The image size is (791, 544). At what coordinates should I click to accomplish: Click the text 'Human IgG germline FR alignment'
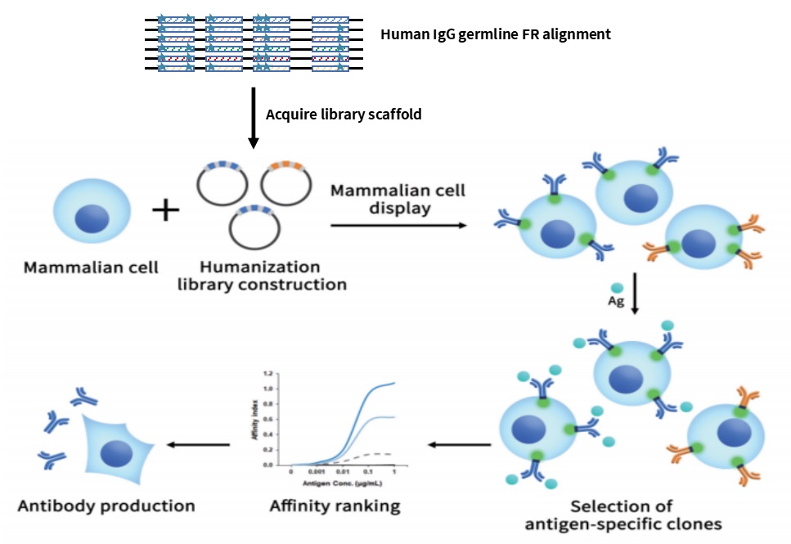tap(496, 34)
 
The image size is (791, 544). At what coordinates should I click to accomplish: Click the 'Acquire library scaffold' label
tap(344, 115)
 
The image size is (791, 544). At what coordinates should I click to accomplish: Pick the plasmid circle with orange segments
tap(285, 181)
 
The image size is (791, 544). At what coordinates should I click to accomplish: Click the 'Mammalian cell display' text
tap(398, 198)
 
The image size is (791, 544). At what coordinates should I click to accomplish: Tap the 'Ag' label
tap(616, 302)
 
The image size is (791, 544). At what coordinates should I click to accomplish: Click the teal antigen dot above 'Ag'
tap(616, 288)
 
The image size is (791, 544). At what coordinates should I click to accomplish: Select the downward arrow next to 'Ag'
tap(636, 299)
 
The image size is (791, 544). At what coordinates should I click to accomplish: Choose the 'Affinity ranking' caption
tap(335, 506)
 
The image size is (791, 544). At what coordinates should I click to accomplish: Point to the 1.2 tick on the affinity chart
tap(267, 373)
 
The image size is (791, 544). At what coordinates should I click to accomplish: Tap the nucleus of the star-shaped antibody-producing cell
tap(117, 453)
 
